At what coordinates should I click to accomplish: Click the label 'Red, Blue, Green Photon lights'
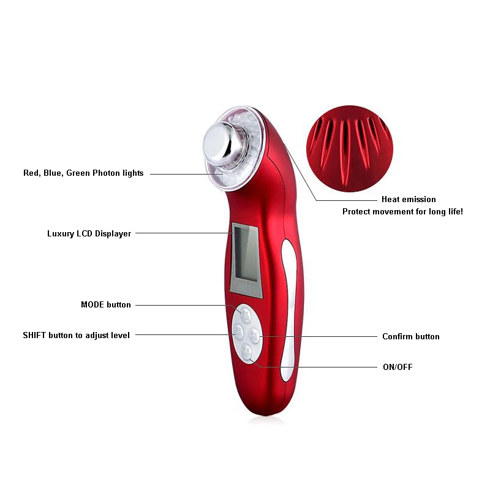[83, 173]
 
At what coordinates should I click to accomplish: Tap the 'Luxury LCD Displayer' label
[89, 233]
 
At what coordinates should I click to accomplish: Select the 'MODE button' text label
[105, 304]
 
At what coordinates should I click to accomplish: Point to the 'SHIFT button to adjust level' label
[76, 335]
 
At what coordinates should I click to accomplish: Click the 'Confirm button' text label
[410, 336]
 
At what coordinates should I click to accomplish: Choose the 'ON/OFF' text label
[397, 367]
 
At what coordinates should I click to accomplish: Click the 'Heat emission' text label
[409, 199]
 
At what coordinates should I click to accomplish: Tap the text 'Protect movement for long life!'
[402, 211]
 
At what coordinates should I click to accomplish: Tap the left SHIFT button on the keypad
[238, 331]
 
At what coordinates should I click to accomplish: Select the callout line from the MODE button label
[184, 305]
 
